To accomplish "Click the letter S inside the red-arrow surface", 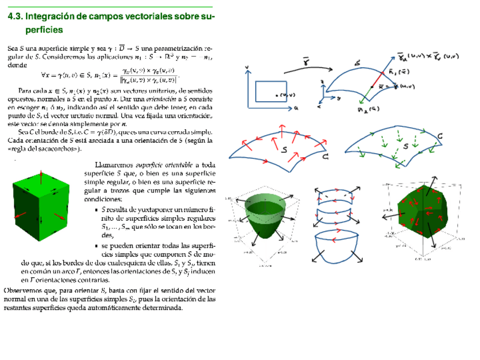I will [285, 151].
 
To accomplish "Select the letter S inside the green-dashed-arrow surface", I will [406, 146].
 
